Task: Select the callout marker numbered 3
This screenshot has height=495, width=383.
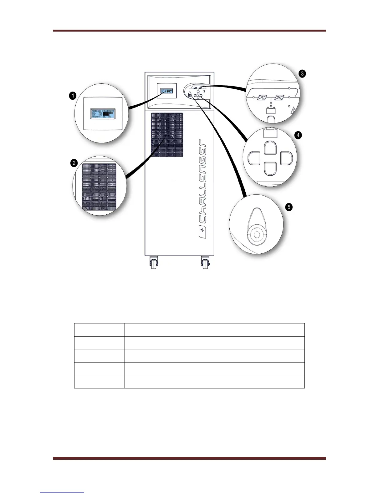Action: point(302,74)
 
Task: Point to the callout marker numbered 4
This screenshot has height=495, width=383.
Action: point(299,135)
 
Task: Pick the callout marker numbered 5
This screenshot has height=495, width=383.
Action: point(289,207)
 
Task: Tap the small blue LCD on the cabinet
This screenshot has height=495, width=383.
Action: point(167,91)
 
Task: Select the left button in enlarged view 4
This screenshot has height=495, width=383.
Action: point(254,158)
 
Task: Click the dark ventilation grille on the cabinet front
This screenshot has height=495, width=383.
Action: point(167,134)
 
